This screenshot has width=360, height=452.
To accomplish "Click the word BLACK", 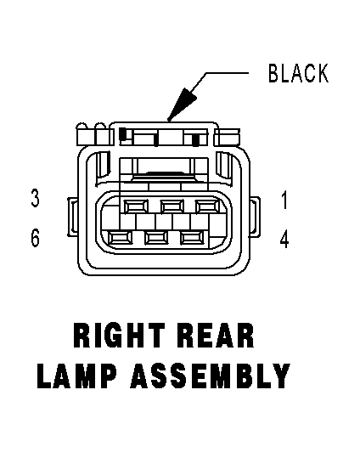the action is point(298,73).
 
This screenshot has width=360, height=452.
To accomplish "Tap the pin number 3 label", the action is point(35,198).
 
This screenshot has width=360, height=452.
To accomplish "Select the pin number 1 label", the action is point(284,200).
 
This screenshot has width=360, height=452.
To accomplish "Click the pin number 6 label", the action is point(35,238).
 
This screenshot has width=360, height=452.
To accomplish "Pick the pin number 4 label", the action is point(284,240).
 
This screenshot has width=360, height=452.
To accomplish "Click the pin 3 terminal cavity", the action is point(136,206).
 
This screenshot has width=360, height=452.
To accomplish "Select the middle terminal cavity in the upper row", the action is point(172,206).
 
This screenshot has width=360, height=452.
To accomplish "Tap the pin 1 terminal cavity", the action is point(207,206).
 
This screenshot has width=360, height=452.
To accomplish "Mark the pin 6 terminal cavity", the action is point(120,238).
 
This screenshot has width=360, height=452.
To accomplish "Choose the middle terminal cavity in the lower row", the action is point(156,238).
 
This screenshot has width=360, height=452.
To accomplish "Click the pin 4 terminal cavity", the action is point(192,238).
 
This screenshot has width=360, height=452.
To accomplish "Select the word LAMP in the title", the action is point(77,376).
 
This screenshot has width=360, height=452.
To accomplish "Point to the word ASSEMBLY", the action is point(211,376).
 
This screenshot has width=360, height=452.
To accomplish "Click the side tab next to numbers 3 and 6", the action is point(72,217).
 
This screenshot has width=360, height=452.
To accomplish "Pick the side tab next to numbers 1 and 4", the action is point(255,217).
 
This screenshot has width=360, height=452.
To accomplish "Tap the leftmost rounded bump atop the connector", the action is point(82,127).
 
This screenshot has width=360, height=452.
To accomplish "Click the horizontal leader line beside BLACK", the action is point(227,73).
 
